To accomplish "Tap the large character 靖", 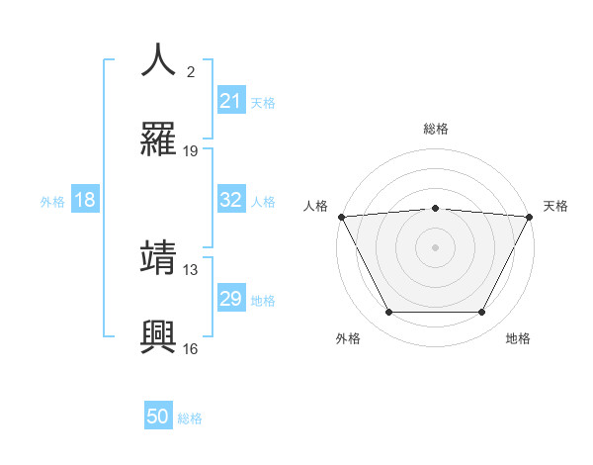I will (158, 258).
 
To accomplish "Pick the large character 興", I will (158, 337).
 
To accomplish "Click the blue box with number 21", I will (230, 101).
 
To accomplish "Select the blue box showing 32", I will (230, 200).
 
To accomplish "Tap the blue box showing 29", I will (230, 299).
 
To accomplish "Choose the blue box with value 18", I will (85, 200).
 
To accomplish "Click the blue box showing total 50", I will (158, 418).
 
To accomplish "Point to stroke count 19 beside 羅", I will (191, 151).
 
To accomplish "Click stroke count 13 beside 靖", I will (191, 269).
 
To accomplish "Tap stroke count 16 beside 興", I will (191, 348).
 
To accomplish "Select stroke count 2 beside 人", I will (191, 71).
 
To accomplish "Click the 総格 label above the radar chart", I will (435, 129).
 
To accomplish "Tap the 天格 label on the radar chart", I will (556, 206).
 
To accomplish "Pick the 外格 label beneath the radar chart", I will (348, 338).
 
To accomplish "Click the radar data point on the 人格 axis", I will (341, 217).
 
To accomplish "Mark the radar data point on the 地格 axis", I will (482, 313).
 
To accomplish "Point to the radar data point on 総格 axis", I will (435, 208).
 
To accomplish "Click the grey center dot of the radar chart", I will (435, 247).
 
